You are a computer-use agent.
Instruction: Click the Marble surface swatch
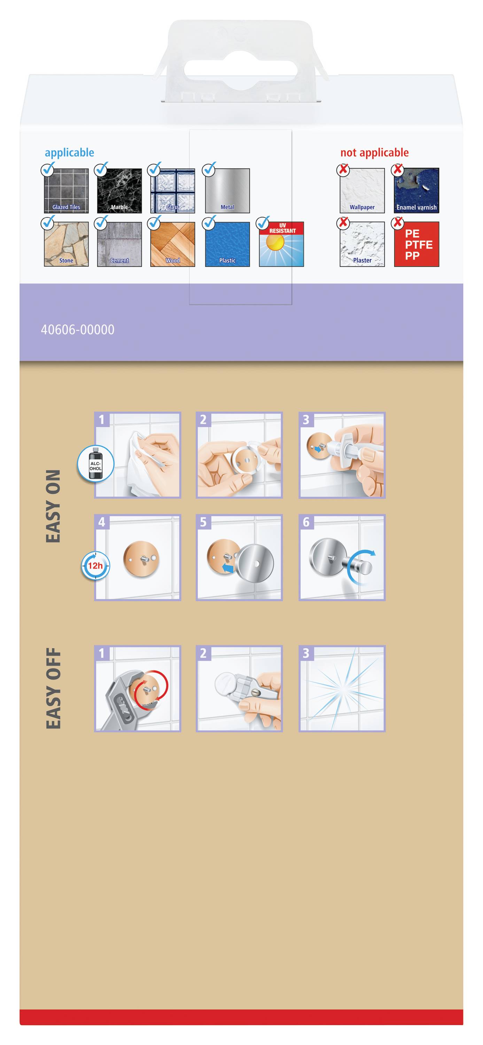[x=119, y=191]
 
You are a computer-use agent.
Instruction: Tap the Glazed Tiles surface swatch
[x=66, y=191]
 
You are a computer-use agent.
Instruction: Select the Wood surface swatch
[x=172, y=244]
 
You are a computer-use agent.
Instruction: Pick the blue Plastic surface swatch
[x=227, y=244]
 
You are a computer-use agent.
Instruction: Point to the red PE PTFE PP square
[x=416, y=244]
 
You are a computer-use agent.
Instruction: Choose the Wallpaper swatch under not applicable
[x=362, y=191]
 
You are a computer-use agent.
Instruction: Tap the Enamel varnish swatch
[x=416, y=191]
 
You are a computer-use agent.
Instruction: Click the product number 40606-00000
[x=77, y=330]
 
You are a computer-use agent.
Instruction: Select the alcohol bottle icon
[x=96, y=464]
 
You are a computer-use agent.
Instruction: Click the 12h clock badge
[x=95, y=565]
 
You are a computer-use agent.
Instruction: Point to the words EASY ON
[x=53, y=506]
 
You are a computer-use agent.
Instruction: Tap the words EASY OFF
[x=53, y=688]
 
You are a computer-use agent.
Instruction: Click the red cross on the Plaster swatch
[x=343, y=223]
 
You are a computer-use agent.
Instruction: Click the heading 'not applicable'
[x=374, y=153]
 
